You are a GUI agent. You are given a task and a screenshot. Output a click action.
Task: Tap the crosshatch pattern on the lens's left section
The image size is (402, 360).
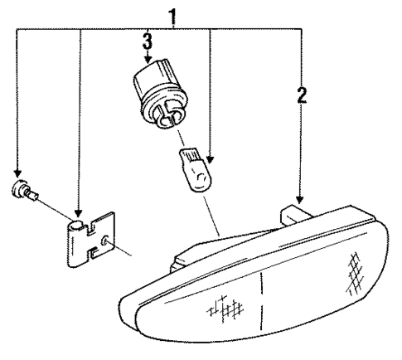click(222, 309)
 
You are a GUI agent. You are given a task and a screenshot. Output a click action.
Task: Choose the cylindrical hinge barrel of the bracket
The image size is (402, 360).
click(75, 242)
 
